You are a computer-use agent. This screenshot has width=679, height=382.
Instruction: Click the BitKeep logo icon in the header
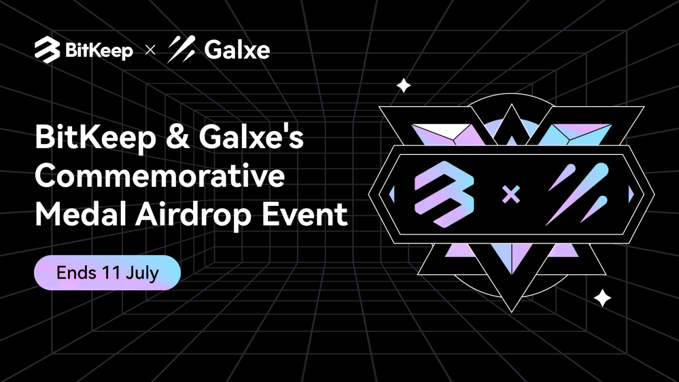(47, 50)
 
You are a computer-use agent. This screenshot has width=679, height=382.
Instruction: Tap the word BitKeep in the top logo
(99, 51)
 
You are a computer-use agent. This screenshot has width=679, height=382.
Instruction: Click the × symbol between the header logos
(150, 51)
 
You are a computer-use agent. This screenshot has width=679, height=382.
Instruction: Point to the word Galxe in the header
(237, 50)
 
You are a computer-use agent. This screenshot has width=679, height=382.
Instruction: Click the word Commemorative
(160, 177)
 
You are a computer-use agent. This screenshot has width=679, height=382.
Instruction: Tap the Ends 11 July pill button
(108, 273)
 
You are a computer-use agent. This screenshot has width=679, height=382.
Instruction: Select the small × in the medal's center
(511, 195)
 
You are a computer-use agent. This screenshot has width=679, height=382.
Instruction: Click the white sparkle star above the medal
(404, 85)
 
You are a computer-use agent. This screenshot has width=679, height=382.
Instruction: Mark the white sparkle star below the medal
(603, 298)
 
